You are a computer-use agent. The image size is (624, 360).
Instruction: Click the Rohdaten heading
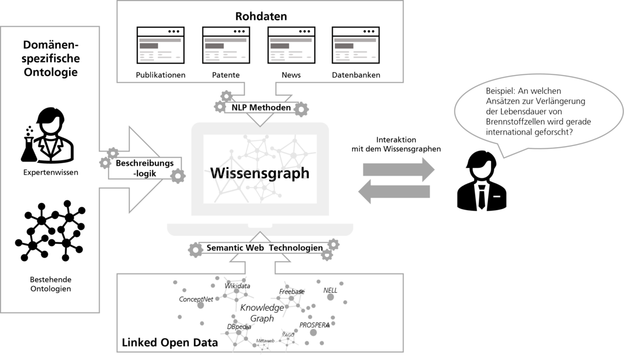(x=261, y=16)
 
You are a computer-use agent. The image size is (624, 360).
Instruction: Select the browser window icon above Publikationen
(x=160, y=45)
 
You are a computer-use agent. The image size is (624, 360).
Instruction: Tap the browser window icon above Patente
(x=226, y=45)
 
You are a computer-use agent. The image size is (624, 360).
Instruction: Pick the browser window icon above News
(x=291, y=45)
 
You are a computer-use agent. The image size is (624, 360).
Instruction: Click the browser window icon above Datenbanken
(x=356, y=45)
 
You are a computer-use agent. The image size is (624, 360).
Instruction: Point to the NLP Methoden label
(x=261, y=107)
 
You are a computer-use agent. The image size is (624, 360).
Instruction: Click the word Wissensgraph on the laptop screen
(x=260, y=173)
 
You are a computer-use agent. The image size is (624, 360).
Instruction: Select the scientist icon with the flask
(x=48, y=135)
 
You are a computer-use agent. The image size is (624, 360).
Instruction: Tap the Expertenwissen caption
(x=50, y=172)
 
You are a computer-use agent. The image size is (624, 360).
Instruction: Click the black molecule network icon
(x=50, y=231)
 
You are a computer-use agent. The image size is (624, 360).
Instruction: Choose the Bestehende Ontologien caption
(x=50, y=284)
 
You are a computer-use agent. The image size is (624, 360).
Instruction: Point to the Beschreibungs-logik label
(x=145, y=169)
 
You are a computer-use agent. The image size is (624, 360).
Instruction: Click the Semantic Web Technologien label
(x=264, y=248)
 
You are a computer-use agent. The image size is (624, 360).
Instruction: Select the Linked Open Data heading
(x=170, y=342)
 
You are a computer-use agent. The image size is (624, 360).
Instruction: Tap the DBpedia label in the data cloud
(x=239, y=327)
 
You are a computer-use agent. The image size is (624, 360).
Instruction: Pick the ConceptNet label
(x=196, y=299)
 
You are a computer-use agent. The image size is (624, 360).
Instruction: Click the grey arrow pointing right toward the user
(x=398, y=170)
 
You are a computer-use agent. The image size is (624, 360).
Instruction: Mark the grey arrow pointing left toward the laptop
(x=394, y=191)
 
